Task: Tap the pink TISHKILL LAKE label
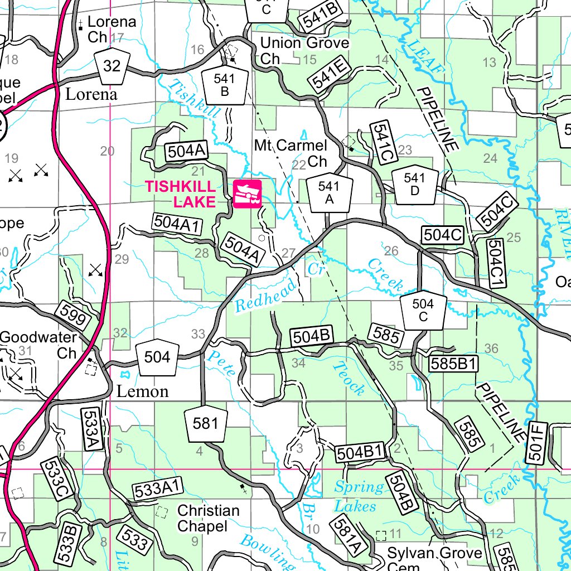180,193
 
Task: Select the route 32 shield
112,65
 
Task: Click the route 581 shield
205,424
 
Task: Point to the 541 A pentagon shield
328,193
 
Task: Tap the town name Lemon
142,391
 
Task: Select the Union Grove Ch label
304,50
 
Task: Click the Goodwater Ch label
39,345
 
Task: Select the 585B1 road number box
454,364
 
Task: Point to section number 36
491,349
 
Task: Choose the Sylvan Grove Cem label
434,558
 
